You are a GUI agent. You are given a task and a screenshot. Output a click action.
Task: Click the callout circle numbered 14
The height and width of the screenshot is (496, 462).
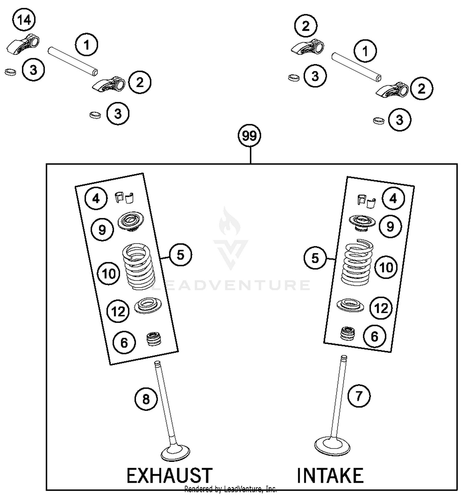(24, 20)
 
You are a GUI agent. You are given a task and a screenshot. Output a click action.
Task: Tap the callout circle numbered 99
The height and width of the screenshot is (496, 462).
(249, 136)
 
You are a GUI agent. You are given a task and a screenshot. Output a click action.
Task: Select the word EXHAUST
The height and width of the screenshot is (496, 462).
(169, 475)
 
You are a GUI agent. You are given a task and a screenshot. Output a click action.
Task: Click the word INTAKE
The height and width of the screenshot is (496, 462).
(330, 475)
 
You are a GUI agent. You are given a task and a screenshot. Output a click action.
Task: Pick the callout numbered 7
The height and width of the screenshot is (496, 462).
(359, 396)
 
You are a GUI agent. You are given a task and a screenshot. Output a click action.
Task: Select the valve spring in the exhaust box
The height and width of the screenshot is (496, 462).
(139, 266)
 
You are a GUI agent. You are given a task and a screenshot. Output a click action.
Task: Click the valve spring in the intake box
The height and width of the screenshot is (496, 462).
(357, 262)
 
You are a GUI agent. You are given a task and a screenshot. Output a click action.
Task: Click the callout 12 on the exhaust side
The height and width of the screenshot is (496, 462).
(118, 311)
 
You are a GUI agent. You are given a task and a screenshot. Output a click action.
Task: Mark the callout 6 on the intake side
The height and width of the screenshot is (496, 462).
(374, 337)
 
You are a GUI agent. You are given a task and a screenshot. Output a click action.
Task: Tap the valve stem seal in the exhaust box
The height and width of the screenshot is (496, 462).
(154, 339)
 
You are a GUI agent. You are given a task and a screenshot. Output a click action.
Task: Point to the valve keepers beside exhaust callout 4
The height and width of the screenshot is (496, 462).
(125, 197)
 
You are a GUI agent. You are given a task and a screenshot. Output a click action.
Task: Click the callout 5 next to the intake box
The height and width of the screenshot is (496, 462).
(315, 258)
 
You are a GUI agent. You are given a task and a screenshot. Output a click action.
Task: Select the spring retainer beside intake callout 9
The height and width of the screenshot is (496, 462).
(362, 223)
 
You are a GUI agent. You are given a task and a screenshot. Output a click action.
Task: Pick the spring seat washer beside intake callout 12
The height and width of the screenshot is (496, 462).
(350, 305)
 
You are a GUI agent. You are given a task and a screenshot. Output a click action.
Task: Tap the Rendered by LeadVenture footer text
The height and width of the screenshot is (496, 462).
(230, 489)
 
